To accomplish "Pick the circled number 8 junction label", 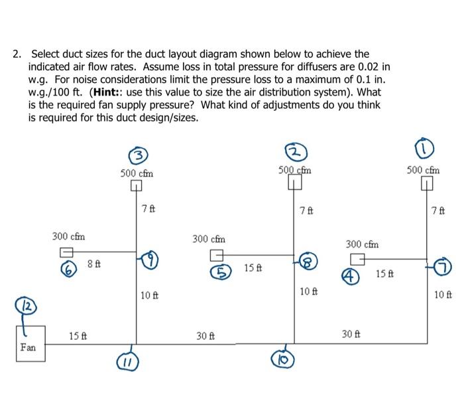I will pyautogui.click(x=308, y=260).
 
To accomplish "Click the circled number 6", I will pyautogui.click(x=66, y=268).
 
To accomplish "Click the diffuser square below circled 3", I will pyautogui.click(x=137, y=185).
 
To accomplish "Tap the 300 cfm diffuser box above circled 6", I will pyautogui.click(x=66, y=252).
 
